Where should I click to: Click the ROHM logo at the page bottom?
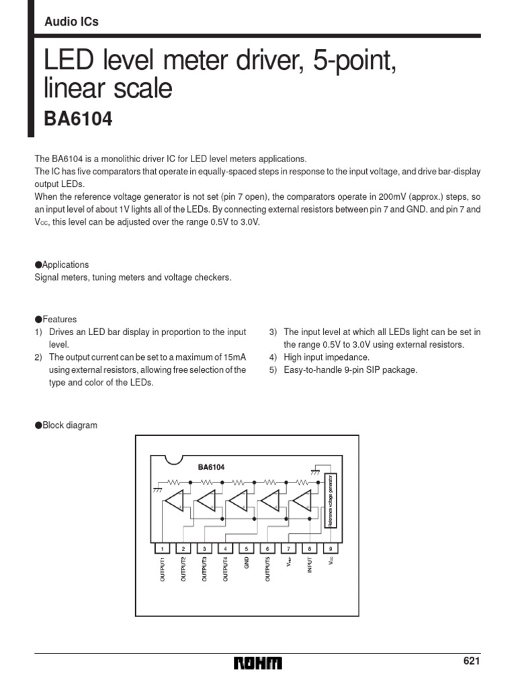pyautogui.click(x=258, y=664)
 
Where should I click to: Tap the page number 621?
pyautogui.click(x=472, y=661)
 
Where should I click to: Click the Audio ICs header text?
pyautogui.click(x=71, y=22)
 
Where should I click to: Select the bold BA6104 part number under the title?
pyautogui.click(x=78, y=119)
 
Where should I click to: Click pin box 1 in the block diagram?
pyautogui.click(x=162, y=549)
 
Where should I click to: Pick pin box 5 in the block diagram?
pyautogui.click(x=247, y=549)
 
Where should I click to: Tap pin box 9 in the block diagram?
pyautogui.click(x=330, y=549)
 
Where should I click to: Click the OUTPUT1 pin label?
pyautogui.click(x=162, y=571)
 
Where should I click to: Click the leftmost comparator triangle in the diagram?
pyautogui.click(x=174, y=501)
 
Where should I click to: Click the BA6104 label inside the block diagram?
pyautogui.click(x=211, y=466)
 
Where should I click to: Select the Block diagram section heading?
pyautogui.click(x=69, y=425)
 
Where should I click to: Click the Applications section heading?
pyautogui.click(x=65, y=265)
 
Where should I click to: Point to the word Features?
pyautogui.click(x=60, y=320)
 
